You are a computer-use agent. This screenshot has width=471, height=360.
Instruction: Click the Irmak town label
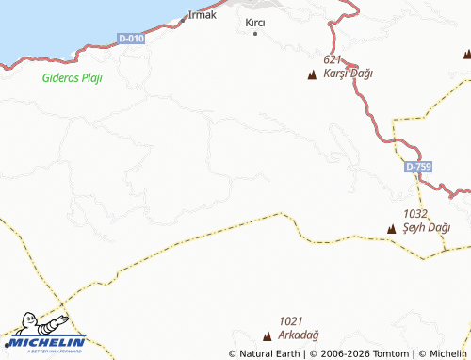(203, 14)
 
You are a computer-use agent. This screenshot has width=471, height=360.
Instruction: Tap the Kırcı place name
(254, 22)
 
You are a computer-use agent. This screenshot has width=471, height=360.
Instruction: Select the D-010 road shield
(132, 38)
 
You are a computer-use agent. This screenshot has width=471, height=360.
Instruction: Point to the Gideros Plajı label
(72, 77)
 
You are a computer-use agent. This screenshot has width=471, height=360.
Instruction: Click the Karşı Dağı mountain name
(349, 73)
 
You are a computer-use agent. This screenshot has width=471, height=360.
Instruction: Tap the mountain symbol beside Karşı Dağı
(312, 74)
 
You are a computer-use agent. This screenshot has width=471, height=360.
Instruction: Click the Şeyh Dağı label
(426, 227)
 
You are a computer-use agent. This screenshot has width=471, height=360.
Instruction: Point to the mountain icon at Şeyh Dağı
(392, 228)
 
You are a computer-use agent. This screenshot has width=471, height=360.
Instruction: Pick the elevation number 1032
(415, 214)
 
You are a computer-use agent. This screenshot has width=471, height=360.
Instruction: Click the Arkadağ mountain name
(300, 335)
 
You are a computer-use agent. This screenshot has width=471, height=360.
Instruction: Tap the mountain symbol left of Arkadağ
(268, 335)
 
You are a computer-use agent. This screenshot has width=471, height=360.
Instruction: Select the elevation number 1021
(292, 320)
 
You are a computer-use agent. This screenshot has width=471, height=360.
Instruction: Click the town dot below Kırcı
(255, 34)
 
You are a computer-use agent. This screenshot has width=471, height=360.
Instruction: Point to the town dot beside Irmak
(183, 18)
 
